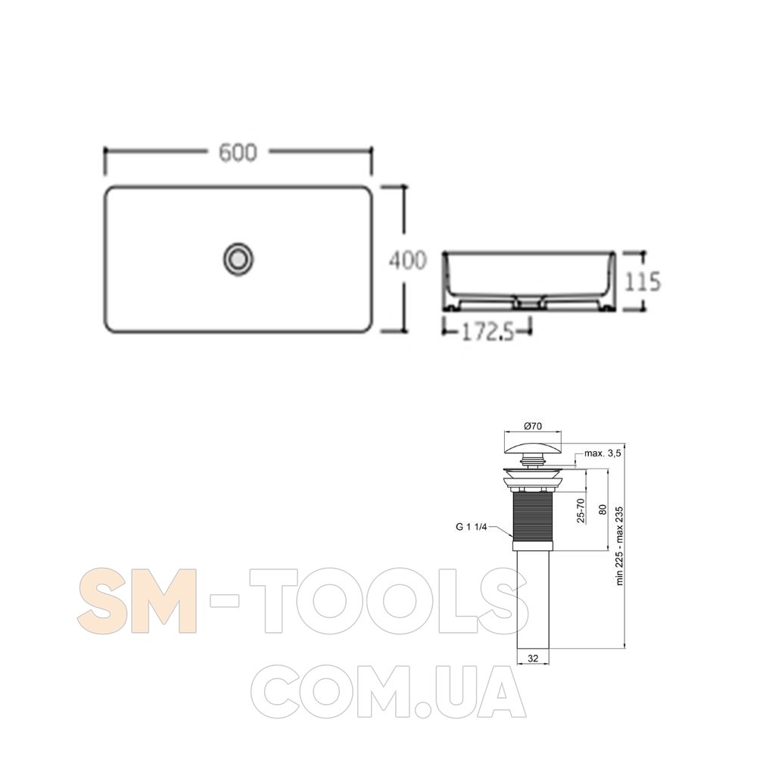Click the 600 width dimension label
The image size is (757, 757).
coord(238,153)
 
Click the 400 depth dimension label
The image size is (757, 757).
coord(408,260)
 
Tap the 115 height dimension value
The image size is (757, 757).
coord(643,282)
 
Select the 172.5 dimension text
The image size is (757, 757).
coord(488,332)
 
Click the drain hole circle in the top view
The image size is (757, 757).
coord(238,259)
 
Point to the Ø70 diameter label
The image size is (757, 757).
coord(533,425)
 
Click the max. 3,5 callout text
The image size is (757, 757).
coord(603,453)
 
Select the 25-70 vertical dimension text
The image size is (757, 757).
coord(581,510)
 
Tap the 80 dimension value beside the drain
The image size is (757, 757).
coord(603,509)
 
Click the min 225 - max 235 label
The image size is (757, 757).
coord(620,546)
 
